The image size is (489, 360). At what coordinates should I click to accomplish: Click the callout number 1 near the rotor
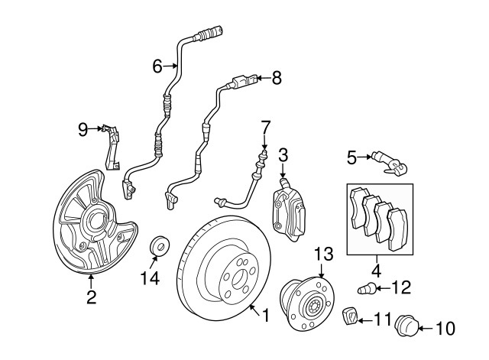coord(266,314)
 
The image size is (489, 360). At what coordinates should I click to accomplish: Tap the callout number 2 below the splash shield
coord(91,297)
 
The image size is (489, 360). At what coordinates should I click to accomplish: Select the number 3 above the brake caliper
coord(283,156)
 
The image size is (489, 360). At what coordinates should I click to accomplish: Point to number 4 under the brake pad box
coord(376,270)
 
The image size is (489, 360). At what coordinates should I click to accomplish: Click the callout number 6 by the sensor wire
coord(157,66)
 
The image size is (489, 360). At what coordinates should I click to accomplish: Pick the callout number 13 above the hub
coord(323,253)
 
